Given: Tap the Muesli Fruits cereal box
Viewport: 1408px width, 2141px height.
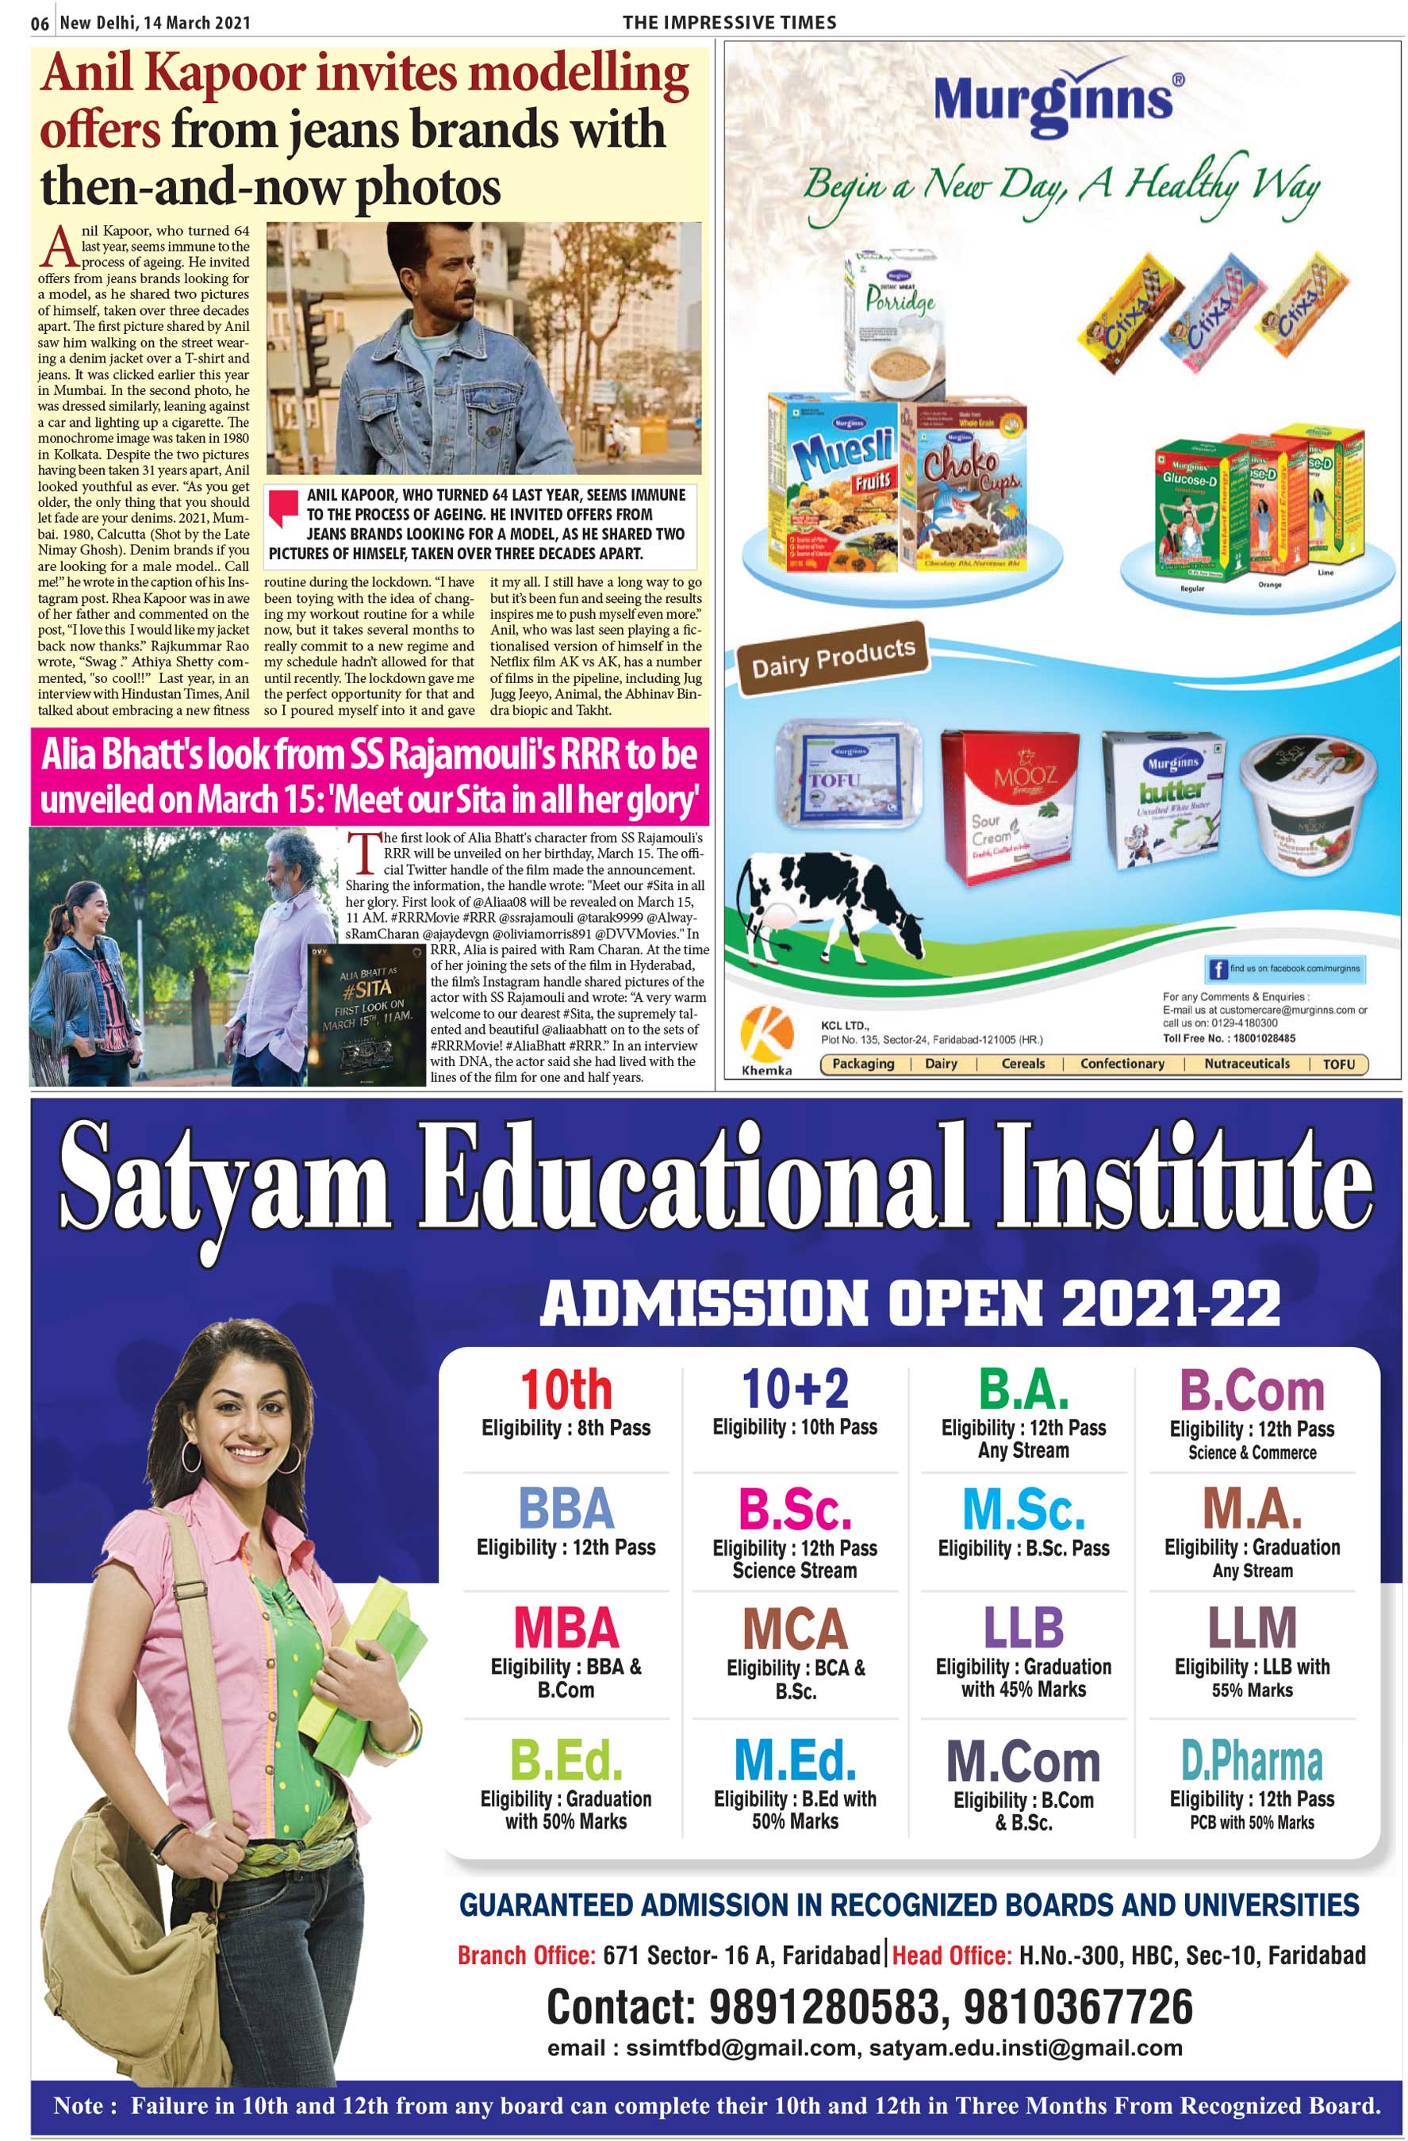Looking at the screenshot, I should click(x=833, y=482).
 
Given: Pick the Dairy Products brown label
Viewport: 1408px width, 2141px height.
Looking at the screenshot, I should click(x=832, y=658).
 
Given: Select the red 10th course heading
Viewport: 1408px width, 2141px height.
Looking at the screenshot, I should click(x=565, y=1390).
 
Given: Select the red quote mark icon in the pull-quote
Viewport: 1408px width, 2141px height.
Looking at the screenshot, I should click(x=283, y=508).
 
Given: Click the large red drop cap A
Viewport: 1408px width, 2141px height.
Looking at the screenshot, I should click(x=58, y=247).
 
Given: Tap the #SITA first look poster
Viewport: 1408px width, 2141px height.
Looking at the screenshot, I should click(x=366, y=1014).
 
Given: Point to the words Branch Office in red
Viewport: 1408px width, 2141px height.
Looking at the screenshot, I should click(x=526, y=1955).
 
